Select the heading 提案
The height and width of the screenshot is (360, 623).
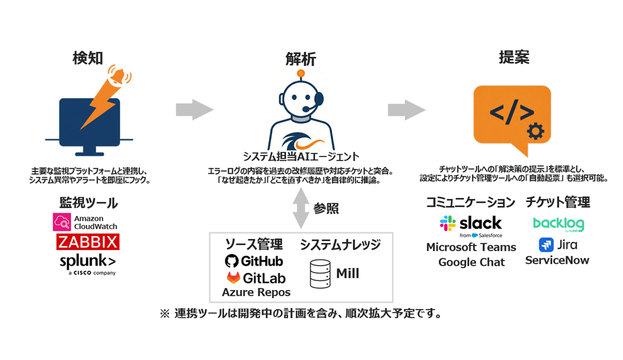tap(513, 57)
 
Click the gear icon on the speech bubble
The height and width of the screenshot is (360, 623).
tap(534, 132)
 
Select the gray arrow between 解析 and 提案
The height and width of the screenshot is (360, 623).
tap(407, 110)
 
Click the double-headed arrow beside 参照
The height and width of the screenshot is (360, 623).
tap(300, 208)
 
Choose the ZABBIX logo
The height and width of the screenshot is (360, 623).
tap(88, 242)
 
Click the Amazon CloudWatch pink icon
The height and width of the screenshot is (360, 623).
tap(62, 222)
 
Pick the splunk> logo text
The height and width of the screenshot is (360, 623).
tap(87, 261)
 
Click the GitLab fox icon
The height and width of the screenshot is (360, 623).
tap(233, 277)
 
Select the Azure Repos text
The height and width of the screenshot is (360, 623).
tap(256, 292)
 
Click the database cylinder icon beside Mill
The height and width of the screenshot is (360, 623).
tap(320, 274)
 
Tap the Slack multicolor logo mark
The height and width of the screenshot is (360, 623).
tap(448, 223)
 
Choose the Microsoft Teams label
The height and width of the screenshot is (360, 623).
tap(471, 247)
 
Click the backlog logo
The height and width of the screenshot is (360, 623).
tap(558, 224)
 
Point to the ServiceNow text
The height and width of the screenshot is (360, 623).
tap(557, 260)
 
